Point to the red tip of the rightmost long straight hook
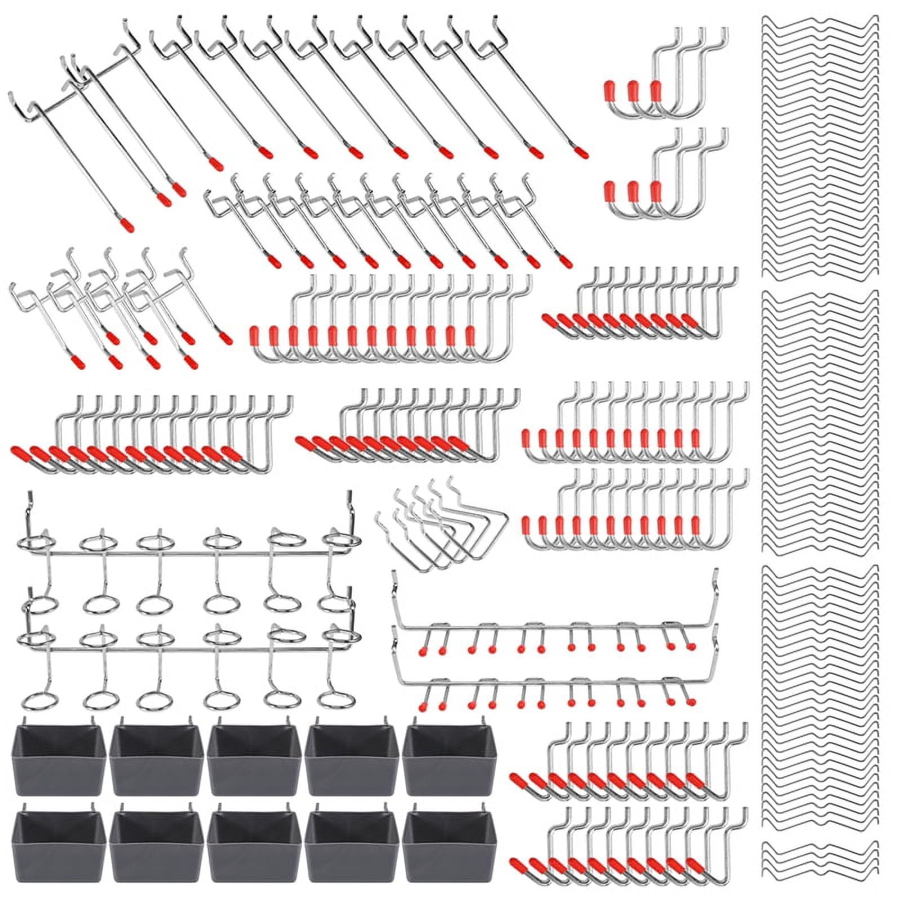tap(582, 152)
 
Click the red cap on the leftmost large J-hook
tap(254, 335)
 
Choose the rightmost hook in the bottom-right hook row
tap(733, 846)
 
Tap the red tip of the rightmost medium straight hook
tap(566, 263)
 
